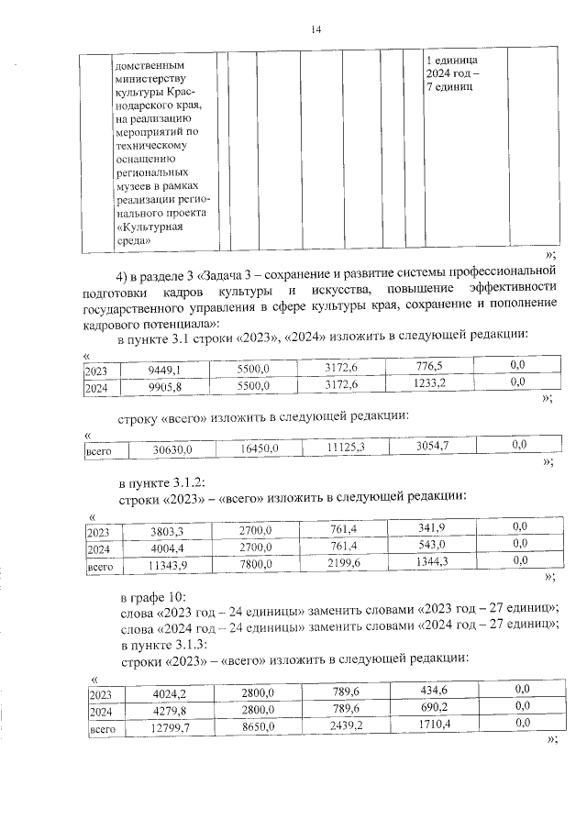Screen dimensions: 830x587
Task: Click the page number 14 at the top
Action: tap(316, 31)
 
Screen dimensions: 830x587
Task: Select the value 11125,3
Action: tap(346, 447)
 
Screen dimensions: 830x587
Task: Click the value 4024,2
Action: tap(168, 694)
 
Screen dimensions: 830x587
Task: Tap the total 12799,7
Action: tap(169, 729)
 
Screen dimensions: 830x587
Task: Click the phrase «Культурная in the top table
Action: tap(146, 226)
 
